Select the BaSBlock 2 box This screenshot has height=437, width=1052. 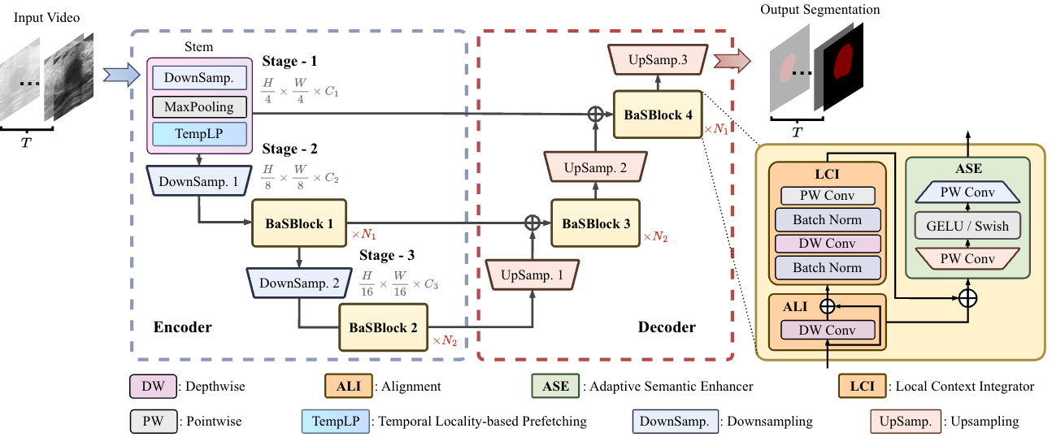click(x=383, y=328)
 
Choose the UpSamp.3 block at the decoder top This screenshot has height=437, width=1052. click(x=659, y=60)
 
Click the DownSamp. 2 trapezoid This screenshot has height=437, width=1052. click(x=299, y=283)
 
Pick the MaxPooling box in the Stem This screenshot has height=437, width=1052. click(x=199, y=106)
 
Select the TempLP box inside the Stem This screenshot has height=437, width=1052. click(x=199, y=133)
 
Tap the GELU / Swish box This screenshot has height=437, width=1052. click(x=967, y=227)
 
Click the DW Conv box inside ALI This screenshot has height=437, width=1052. click(x=828, y=330)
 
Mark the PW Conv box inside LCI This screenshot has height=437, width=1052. click(x=828, y=196)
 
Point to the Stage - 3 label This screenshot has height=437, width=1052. click(x=387, y=255)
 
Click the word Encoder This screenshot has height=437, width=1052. click(x=182, y=327)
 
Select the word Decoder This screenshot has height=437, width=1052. click(x=667, y=327)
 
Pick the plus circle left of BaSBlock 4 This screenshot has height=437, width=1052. click(x=595, y=115)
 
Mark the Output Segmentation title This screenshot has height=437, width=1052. click(x=819, y=10)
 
